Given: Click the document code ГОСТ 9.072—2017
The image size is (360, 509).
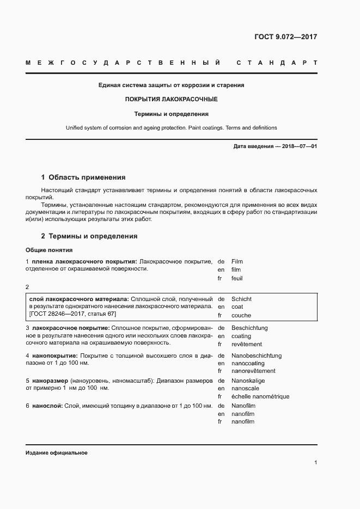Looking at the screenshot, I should [x=285, y=37].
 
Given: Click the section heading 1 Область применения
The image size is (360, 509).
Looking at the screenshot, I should [x=83, y=177].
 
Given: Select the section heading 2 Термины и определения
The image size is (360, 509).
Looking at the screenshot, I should [x=89, y=236].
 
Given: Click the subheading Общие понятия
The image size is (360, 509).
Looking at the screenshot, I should [x=49, y=250].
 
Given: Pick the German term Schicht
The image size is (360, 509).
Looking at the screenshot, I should [x=241, y=299].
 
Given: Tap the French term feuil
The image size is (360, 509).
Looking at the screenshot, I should [x=237, y=278].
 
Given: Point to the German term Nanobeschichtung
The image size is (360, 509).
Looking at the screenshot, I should [x=256, y=355].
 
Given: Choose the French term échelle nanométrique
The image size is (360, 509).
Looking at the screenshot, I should [x=260, y=397].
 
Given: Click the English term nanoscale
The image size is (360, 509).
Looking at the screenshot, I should [x=245, y=389].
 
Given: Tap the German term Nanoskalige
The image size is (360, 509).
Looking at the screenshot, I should [x=248, y=381].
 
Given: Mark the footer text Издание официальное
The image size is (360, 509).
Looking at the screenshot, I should [x=56, y=453].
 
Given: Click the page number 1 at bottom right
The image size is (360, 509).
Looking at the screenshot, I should [x=315, y=463].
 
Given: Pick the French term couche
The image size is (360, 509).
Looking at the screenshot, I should [x=241, y=315].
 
